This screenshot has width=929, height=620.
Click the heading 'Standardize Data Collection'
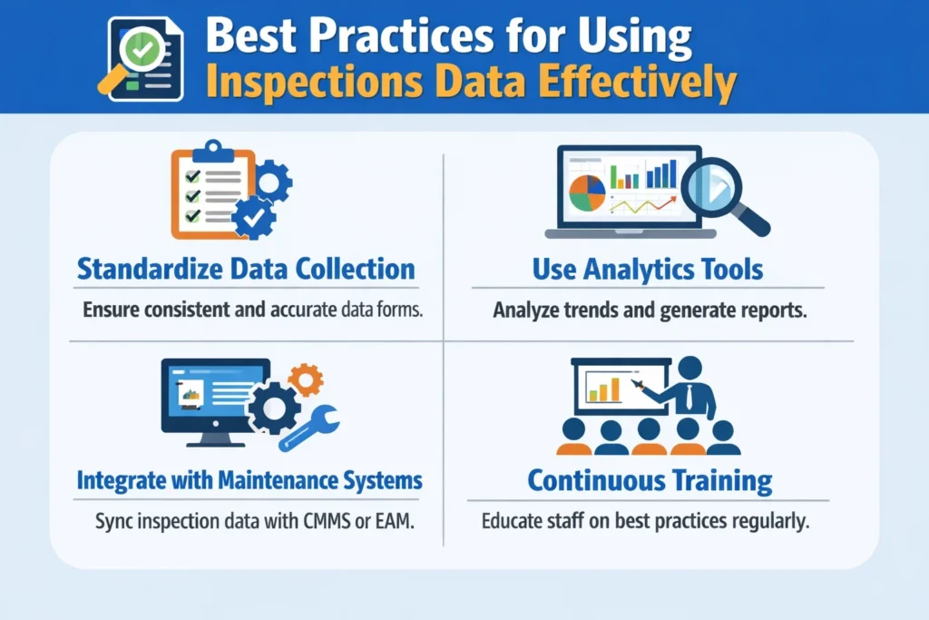coord(246,269)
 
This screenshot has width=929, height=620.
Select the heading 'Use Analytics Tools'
coord(647,269)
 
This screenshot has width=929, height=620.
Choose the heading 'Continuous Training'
coord(650,479)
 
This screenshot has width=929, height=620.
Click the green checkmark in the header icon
coord(142,51)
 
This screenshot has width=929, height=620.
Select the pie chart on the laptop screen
coord(586,192)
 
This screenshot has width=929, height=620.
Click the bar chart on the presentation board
coord(604,388)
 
